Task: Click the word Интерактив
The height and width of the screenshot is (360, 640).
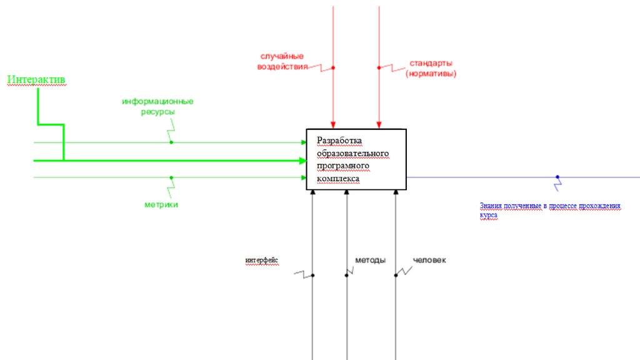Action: tap(36, 80)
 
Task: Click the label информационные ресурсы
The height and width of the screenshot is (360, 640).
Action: tap(157, 106)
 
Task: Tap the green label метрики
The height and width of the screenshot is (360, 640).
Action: tap(161, 204)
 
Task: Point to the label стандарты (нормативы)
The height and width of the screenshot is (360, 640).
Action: tap(431, 68)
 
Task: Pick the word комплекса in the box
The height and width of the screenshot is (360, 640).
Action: tap(338, 178)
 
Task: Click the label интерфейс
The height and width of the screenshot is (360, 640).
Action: tap(262, 260)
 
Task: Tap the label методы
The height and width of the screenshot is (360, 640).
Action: tap(370, 260)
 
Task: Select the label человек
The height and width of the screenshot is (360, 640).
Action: tap(429, 260)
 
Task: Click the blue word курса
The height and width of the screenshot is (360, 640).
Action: tap(489, 214)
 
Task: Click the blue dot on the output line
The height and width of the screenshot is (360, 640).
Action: tap(557, 177)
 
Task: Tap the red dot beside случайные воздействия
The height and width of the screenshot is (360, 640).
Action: tap(333, 67)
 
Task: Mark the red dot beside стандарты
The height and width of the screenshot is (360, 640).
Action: tap(379, 67)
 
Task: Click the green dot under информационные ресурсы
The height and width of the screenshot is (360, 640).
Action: tap(171, 142)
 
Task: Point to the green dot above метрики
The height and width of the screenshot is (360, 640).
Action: tap(171, 177)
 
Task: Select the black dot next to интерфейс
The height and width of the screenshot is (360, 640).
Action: tap(312, 275)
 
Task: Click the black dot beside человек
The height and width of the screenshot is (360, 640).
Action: tap(395, 275)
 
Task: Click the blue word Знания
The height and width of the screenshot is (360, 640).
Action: tap(490, 206)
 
